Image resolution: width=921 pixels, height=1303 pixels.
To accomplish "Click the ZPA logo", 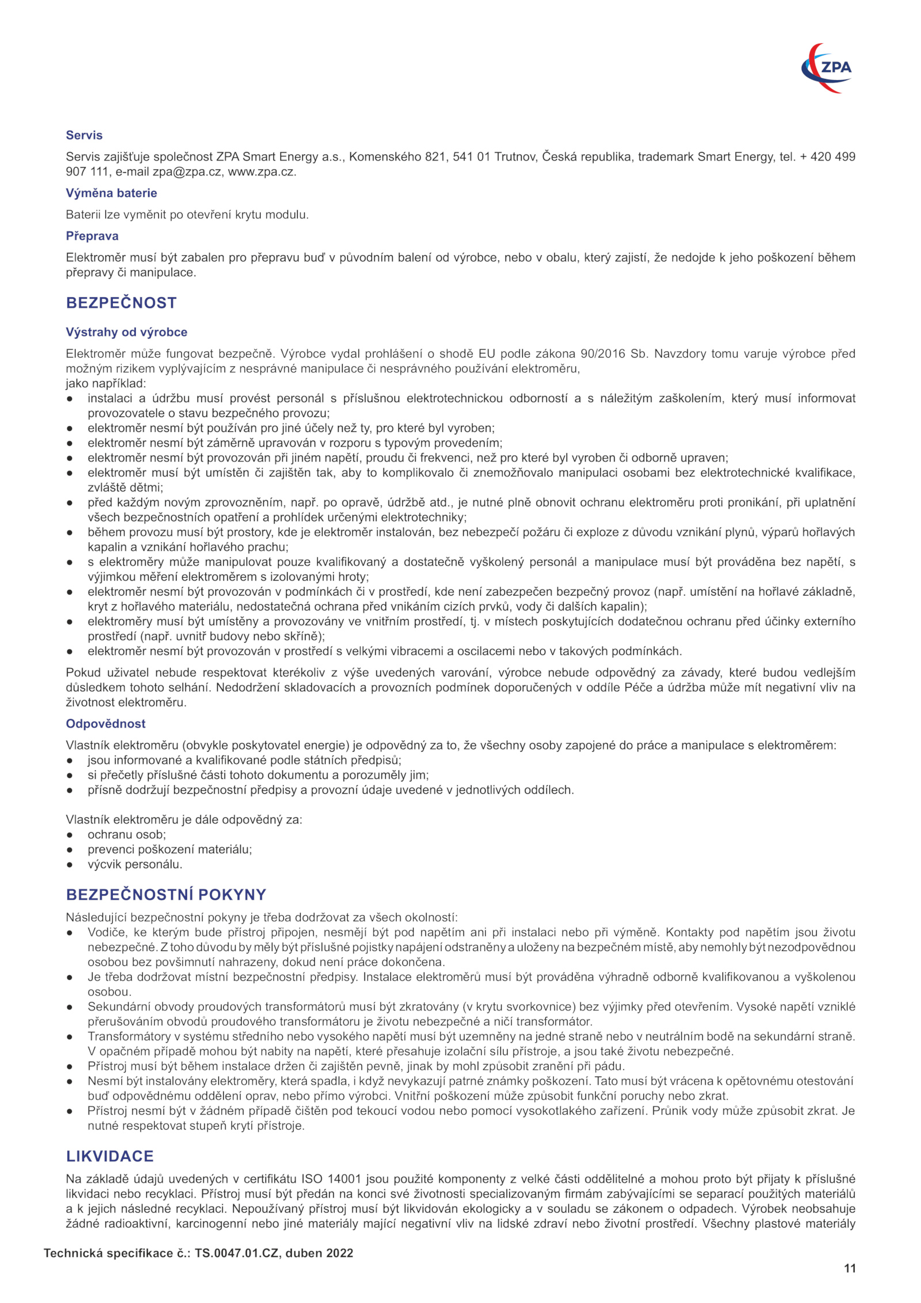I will click(827, 68).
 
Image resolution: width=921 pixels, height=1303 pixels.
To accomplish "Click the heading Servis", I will click(84, 135).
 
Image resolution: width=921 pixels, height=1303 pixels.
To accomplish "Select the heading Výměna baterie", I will click(111, 193).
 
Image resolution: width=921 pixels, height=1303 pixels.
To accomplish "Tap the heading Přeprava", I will click(92, 236).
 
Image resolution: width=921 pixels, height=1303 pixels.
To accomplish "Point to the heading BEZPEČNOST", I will click(121, 303).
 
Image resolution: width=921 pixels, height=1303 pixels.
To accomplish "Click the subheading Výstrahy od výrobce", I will click(127, 332).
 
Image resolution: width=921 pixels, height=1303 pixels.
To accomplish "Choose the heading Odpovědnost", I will click(105, 724).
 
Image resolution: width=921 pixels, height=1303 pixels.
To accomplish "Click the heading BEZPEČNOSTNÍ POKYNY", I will click(166, 895).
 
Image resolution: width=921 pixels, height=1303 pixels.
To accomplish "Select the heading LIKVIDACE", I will click(110, 1156).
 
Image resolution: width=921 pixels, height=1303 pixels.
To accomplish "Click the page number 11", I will click(850, 1268).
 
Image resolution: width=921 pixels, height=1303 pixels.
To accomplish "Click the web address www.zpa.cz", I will click(262, 172).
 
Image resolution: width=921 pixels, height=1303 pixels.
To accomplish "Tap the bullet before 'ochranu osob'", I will click(70, 835).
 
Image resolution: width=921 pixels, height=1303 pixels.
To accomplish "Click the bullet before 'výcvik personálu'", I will click(70, 865).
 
